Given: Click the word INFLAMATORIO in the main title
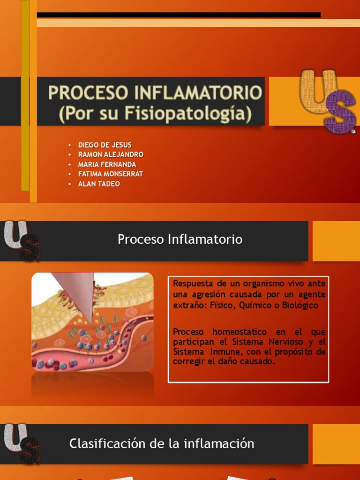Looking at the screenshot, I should pyautogui.click(x=198, y=93).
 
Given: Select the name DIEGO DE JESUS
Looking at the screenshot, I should pyautogui.click(x=105, y=145).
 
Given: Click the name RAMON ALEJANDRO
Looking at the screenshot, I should pyautogui.click(x=111, y=155).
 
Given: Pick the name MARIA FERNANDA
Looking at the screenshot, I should pyautogui.click(x=107, y=165).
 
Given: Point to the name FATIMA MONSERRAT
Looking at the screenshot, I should pyautogui.click(x=110, y=174).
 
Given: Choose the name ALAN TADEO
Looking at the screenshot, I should pyautogui.click(x=98, y=184).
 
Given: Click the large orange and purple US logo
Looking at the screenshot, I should pyautogui.click(x=327, y=101).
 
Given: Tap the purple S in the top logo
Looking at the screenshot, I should pyautogui.click(x=339, y=112).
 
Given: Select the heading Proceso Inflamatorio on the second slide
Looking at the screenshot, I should pyautogui.click(x=180, y=240).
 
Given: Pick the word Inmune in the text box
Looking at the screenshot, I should pyautogui.click(x=222, y=352).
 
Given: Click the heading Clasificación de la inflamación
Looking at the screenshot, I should pyautogui.click(x=162, y=443).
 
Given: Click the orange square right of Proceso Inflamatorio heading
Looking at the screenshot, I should pyautogui.click(x=336, y=241).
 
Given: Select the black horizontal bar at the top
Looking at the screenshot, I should pyautogui.click(x=179, y=15).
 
